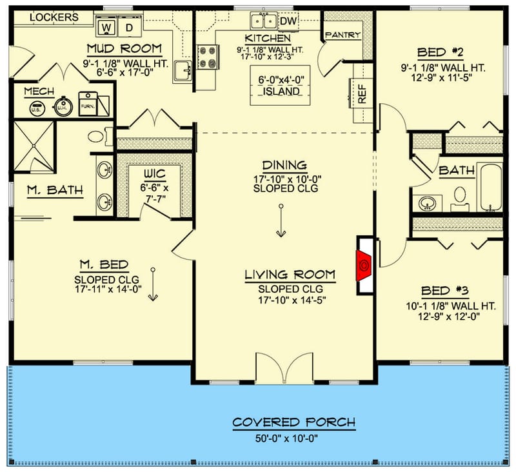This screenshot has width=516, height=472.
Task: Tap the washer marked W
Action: [107, 28]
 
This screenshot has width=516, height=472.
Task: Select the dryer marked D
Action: [129, 28]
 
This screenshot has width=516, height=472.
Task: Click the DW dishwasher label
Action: [288, 21]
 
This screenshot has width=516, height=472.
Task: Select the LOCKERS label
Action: [54, 17]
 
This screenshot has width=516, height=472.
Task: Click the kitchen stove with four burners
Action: [207, 55]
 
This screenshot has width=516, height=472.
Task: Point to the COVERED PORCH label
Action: [293, 423]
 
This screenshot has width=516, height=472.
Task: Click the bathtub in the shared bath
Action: [490, 188]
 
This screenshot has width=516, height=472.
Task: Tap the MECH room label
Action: [39, 92]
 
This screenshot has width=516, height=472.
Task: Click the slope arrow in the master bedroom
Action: [153, 284]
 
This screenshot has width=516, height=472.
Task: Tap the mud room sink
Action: [183, 72]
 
